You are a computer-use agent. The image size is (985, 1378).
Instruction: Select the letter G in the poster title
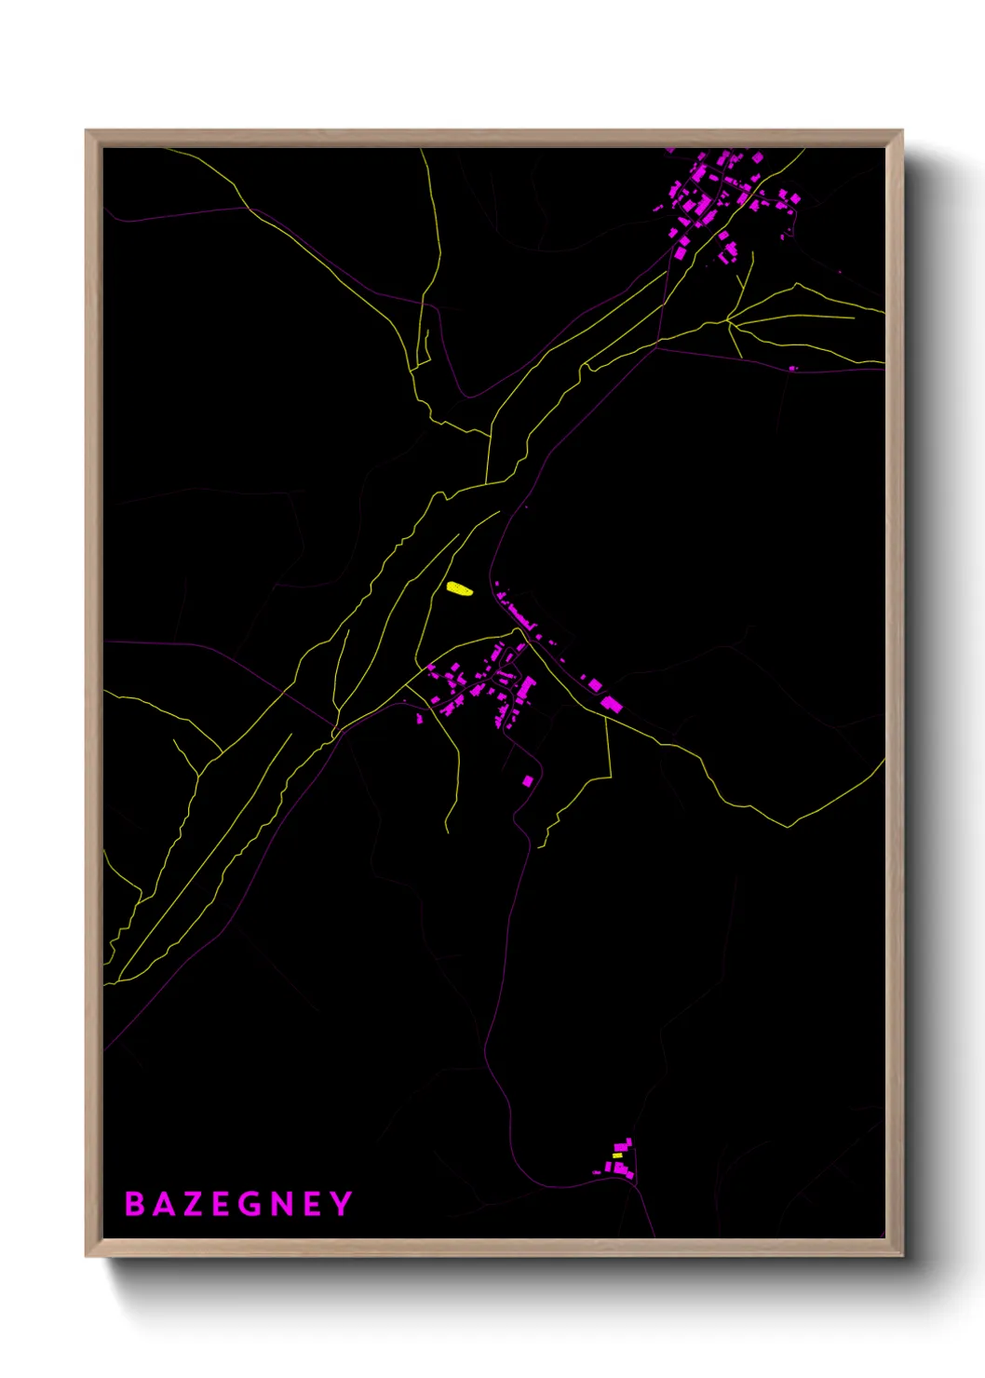(249, 1204)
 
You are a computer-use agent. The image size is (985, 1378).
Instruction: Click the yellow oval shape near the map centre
(458, 588)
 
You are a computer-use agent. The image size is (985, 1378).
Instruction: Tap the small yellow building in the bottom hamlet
(616, 1155)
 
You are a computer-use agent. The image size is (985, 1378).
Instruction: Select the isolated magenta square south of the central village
(528, 780)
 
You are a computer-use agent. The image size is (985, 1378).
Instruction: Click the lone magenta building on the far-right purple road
(793, 369)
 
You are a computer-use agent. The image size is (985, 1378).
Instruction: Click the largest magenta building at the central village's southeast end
(612, 704)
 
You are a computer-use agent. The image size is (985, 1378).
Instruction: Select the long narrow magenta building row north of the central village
(517, 614)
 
